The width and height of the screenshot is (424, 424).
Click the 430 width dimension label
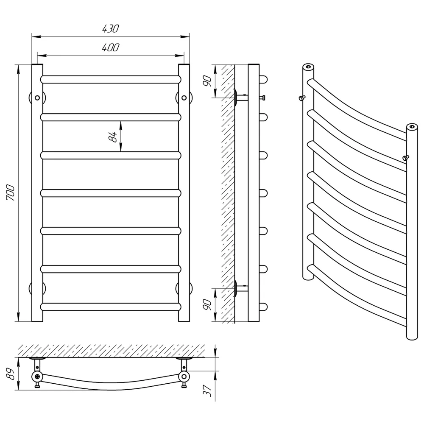[111, 28]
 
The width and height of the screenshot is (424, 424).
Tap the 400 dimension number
[111, 47]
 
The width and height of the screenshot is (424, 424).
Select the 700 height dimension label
[11, 192]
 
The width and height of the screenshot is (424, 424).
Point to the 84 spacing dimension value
[112, 137]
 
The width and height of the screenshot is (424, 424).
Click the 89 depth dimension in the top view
[11, 374]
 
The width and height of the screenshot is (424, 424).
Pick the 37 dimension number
[207, 391]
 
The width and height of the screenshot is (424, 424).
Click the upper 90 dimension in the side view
[207, 81]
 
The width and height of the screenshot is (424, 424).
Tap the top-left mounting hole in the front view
[37, 98]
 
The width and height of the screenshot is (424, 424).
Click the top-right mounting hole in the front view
[184, 98]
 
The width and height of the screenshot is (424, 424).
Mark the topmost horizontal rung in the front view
[111, 80]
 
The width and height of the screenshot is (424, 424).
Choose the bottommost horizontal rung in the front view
[111, 307]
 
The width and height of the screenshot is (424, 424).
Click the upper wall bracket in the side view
[241, 98]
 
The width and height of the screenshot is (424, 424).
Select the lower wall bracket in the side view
[241, 288]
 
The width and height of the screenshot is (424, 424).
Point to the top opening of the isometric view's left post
[308, 67]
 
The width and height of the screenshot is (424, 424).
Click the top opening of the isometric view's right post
[412, 126]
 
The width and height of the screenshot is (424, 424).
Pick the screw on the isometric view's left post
[302, 98]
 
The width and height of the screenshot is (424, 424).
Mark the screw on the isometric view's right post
[406, 158]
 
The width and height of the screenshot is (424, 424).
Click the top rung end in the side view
[263, 80]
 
